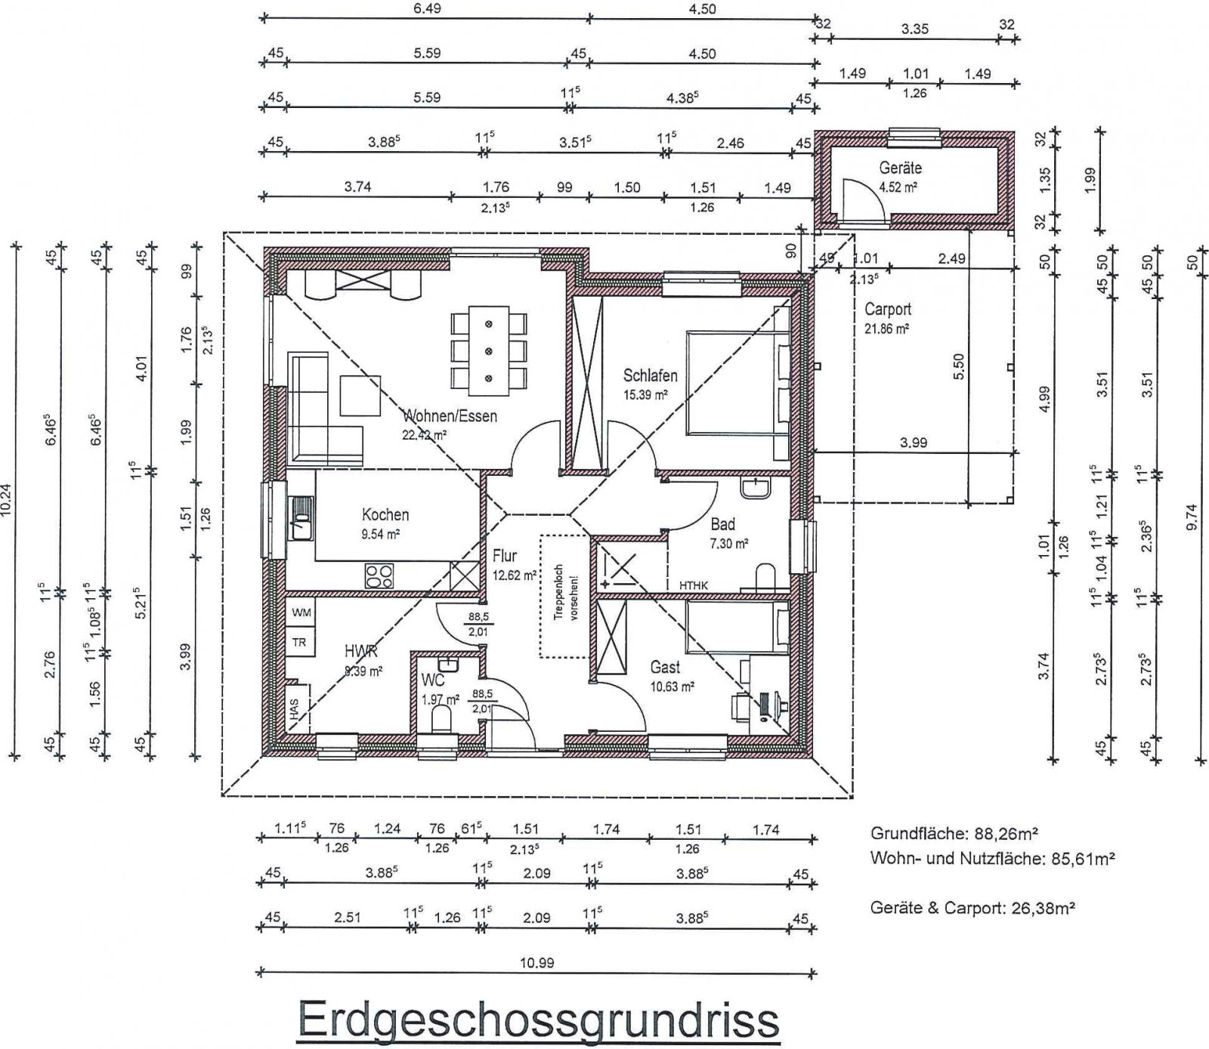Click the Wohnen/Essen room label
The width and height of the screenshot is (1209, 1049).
click(451, 416)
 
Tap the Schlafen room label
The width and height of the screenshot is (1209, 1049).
click(650, 375)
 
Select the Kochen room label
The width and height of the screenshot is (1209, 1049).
click(385, 515)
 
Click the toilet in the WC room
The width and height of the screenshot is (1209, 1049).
click(441, 721)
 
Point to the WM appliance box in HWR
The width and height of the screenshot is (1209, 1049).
click(300, 612)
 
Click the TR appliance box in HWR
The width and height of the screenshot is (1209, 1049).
click(300, 642)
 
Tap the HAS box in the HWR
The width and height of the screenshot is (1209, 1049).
click(293, 708)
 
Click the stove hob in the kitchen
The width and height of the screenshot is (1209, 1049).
click(379, 576)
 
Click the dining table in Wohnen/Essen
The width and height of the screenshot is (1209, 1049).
click(488, 351)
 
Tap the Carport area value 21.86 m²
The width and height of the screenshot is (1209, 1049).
click(886, 329)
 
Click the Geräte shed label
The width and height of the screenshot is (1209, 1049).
click(900, 168)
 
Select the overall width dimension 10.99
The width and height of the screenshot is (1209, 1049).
click(537, 963)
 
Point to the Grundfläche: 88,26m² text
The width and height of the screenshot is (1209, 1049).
click(954, 834)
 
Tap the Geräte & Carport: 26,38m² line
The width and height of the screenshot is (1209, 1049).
click(972, 908)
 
